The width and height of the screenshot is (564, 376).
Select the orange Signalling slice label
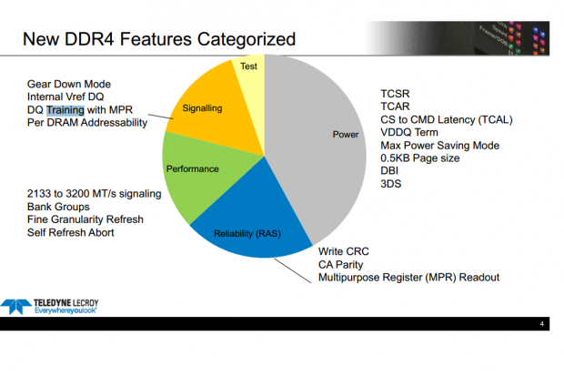202,108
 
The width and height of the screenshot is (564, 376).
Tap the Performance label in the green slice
193,169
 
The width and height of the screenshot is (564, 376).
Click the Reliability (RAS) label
247,234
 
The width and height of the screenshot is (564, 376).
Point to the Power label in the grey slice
346,135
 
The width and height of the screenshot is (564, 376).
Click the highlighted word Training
65,110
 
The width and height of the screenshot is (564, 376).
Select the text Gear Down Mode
69,85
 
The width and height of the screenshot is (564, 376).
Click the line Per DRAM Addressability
87,123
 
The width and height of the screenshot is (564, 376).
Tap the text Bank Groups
58,207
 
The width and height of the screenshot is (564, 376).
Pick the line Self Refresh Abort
71,233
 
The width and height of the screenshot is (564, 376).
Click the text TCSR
395,94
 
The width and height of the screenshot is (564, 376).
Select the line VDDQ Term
409,133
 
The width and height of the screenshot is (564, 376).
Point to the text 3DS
390,184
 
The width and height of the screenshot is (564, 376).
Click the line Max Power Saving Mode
440,146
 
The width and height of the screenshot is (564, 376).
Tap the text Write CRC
344,251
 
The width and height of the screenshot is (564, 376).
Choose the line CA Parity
340,265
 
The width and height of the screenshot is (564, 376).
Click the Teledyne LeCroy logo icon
15,307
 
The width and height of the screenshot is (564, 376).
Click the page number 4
541,324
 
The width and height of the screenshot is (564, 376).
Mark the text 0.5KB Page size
420,158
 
